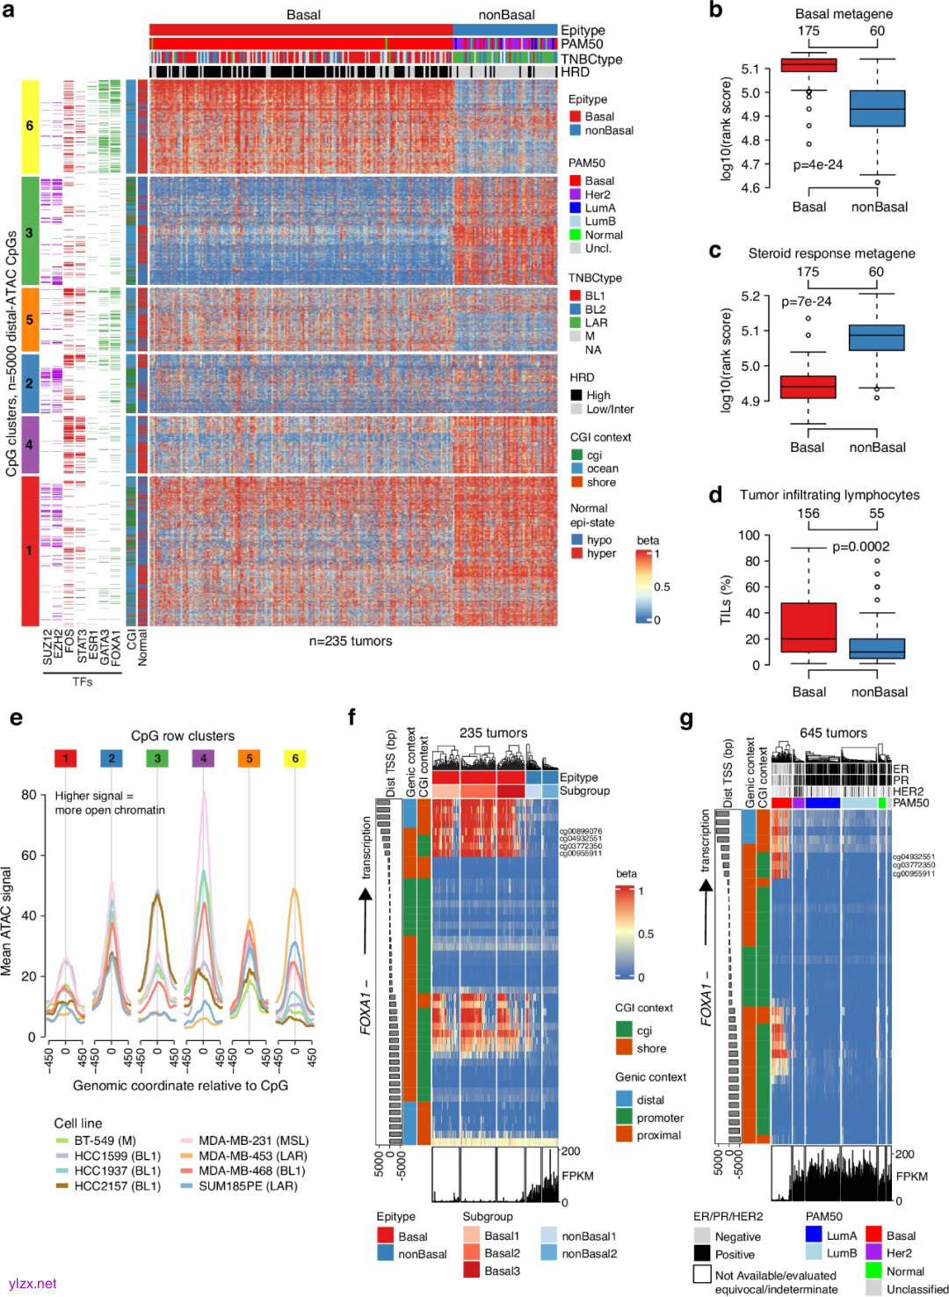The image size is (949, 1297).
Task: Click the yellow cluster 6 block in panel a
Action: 30,126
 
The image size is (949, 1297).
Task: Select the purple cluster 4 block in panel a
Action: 30,444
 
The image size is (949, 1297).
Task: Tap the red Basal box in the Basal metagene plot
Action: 808,65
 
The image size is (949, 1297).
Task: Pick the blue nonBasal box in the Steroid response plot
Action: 877,338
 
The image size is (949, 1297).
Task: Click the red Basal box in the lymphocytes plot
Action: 808,627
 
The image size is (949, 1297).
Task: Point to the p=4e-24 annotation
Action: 817,164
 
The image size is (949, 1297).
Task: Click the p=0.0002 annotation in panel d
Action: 860,546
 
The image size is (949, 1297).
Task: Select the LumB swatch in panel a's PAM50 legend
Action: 576,222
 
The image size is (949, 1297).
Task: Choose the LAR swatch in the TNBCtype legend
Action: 576,323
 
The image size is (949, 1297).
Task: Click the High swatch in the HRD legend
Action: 576,396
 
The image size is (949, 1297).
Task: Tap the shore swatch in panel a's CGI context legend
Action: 577,482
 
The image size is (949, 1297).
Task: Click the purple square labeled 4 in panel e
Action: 203,758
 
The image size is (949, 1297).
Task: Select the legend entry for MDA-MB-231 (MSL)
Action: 186,1140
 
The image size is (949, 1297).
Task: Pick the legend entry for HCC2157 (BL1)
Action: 62,1185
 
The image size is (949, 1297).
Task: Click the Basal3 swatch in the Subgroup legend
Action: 471,1270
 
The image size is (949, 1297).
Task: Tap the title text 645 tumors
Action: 833,732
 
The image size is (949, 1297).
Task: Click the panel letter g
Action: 686,719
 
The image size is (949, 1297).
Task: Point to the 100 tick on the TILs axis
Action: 749,535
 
